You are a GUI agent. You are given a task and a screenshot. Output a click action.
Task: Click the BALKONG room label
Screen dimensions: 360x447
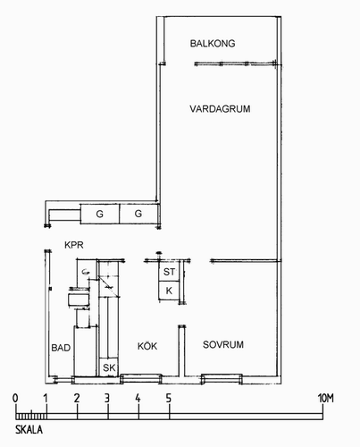tap(213, 44)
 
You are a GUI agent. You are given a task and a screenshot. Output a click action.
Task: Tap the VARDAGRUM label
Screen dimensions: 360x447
tap(220, 109)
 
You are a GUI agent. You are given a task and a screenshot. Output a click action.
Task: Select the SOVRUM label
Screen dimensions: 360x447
tap(223, 345)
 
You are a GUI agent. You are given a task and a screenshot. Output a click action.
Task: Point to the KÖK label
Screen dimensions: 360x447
tap(147, 346)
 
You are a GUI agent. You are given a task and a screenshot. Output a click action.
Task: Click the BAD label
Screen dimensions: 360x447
tap(61, 348)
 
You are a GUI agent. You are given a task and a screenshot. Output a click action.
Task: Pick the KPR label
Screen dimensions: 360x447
tap(74, 245)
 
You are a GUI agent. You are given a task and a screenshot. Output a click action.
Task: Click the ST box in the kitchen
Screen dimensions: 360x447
tap(169, 271)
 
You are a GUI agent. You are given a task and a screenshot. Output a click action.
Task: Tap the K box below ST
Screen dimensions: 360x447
tap(169, 291)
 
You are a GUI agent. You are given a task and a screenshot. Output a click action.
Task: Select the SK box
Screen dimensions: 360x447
tap(109, 367)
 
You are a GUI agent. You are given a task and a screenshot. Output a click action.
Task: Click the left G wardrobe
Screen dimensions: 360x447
tap(100, 214)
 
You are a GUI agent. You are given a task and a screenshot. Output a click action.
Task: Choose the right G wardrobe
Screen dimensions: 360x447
tap(138, 214)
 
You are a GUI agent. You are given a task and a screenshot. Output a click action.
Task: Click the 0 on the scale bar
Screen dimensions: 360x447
tap(15, 398)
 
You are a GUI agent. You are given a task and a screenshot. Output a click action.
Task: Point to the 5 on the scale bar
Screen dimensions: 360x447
tap(169, 398)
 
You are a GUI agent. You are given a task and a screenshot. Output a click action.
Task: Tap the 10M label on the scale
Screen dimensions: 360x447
tap(326, 398)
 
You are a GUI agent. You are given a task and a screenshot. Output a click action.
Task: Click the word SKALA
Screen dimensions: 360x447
tap(29, 430)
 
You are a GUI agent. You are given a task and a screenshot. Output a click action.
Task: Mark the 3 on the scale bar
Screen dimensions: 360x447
tap(107, 398)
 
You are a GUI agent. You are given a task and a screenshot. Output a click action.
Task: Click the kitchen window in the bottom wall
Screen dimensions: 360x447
tap(141, 379)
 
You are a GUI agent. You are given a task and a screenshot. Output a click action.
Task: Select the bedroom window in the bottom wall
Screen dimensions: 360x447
tap(222, 379)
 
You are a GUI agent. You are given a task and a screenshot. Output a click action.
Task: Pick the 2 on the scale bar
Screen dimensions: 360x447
tap(77, 398)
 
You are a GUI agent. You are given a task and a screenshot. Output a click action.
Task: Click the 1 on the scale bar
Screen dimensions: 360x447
tap(46, 398)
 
